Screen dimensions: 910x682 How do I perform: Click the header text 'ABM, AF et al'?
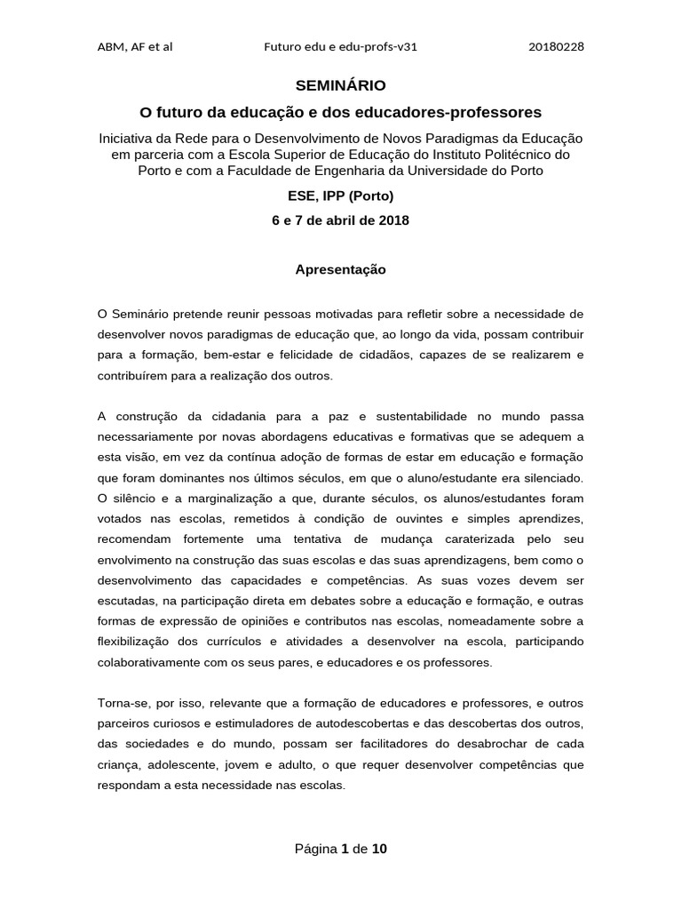[134, 47]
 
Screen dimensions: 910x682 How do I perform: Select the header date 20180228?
[556, 47]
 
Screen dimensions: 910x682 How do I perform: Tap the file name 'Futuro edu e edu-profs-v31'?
[341, 47]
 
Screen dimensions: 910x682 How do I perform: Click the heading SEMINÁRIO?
[340, 85]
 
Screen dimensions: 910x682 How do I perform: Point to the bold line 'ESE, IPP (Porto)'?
[340, 196]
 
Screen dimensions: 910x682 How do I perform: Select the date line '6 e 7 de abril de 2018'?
[340, 220]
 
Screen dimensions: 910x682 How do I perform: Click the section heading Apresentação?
[340, 269]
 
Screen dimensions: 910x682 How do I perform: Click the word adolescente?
[194, 764]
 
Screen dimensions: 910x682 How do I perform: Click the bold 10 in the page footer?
[379, 849]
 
